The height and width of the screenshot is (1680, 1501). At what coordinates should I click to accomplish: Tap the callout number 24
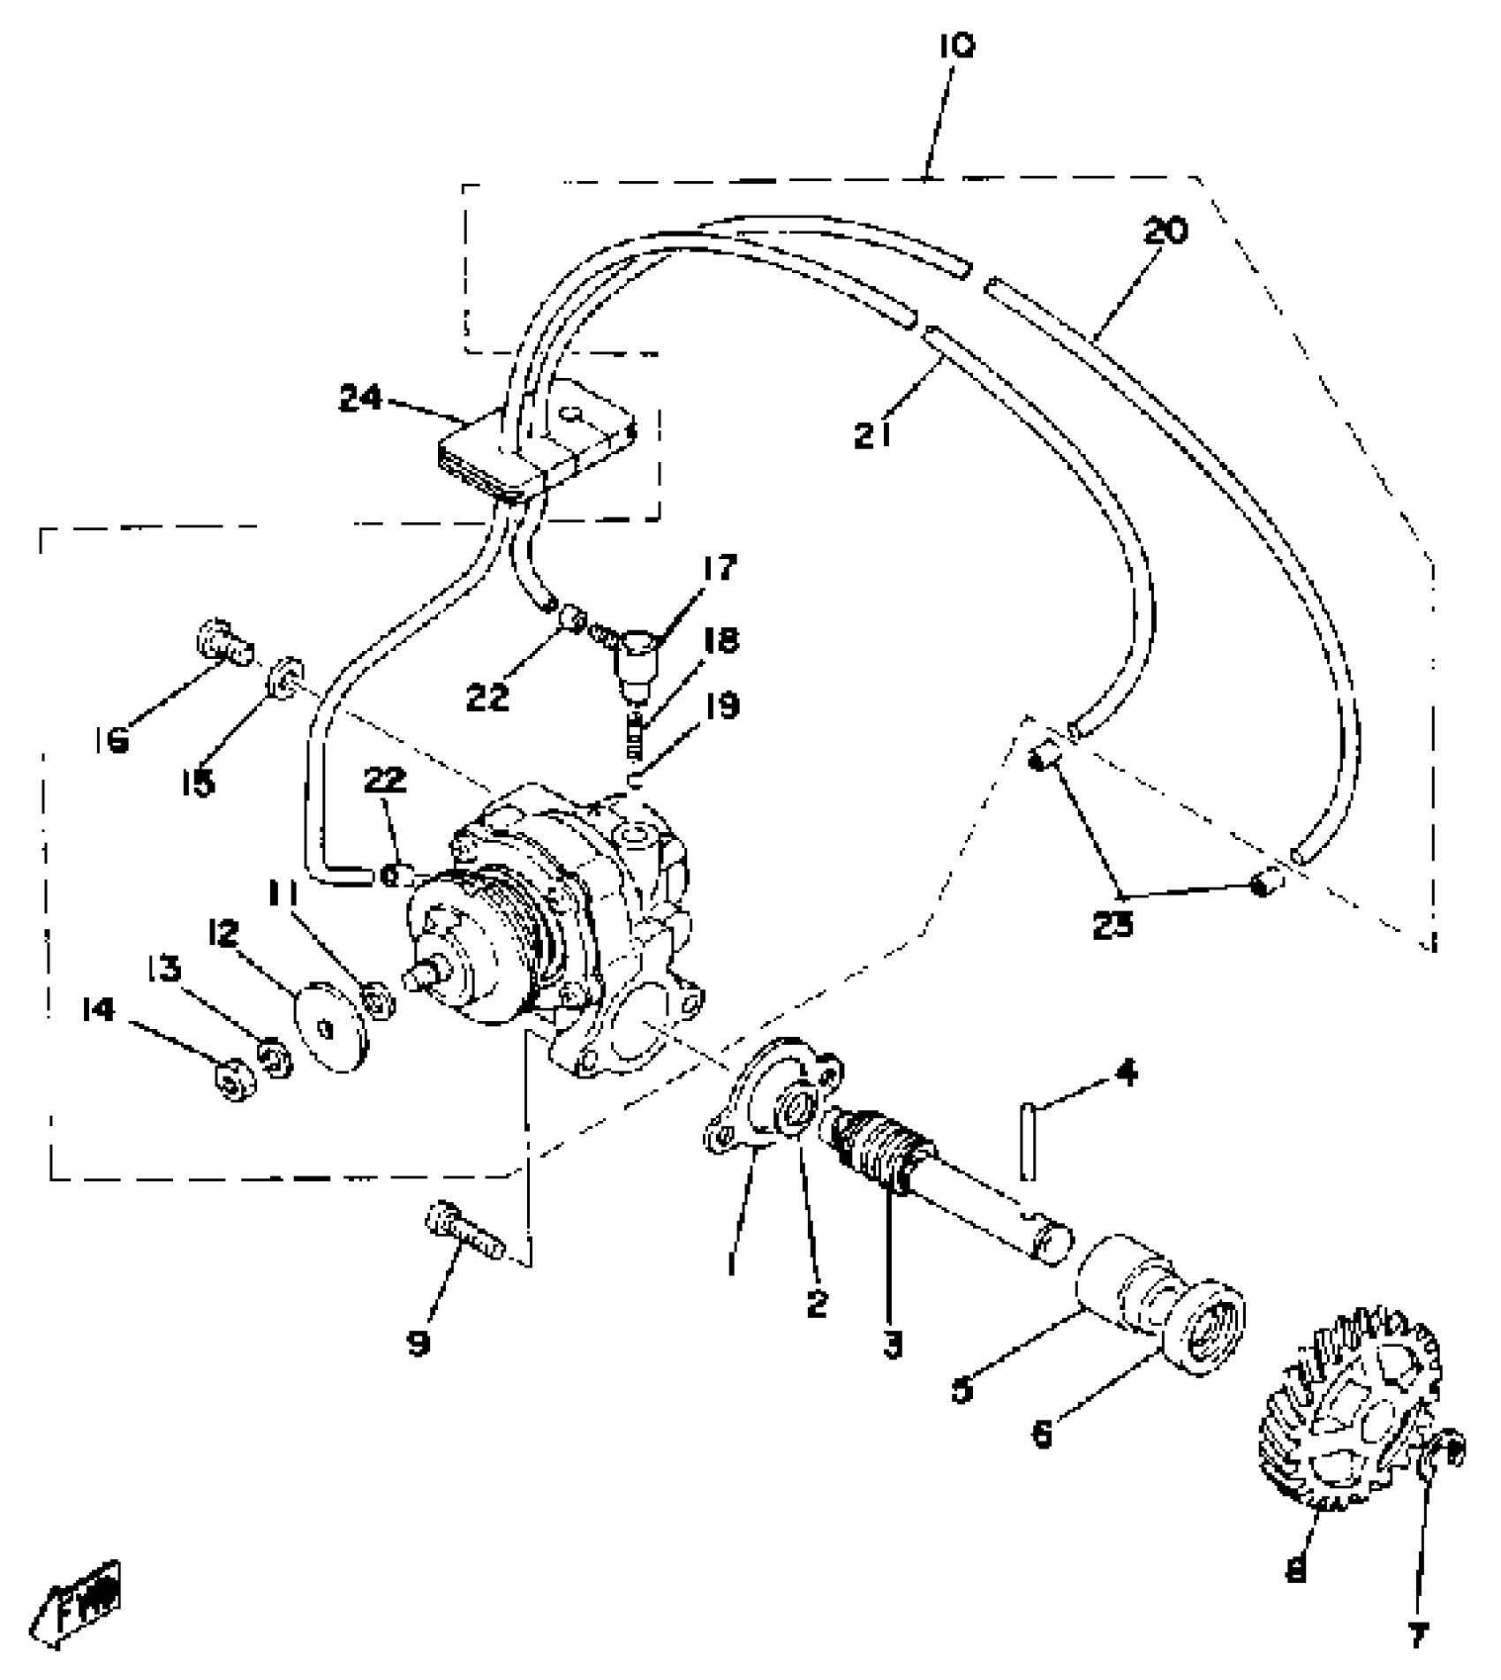point(361,399)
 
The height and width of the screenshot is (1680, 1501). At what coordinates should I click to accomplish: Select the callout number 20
point(1165,231)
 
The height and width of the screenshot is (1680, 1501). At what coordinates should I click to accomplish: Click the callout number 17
point(720,567)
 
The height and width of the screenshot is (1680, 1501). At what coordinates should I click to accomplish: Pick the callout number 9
point(418,1343)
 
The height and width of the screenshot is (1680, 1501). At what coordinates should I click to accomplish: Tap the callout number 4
point(1126,1073)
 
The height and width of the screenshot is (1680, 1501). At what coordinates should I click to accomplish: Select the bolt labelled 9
point(462,1233)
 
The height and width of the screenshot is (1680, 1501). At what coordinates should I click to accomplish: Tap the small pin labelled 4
point(1028,1141)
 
